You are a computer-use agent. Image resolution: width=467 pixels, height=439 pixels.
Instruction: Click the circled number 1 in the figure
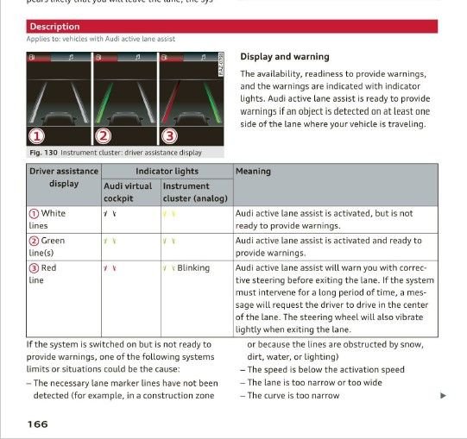click(37, 136)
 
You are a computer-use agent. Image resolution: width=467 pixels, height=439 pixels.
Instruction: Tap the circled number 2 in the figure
click(104, 136)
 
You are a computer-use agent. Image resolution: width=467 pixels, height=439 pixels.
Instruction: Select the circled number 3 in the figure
click(169, 136)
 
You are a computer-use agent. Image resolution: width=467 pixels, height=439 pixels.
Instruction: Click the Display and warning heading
click(284, 57)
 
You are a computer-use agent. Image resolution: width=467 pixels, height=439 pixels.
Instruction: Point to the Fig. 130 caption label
click(42, 153)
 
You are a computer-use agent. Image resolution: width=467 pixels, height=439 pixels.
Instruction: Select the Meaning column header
click(253, 171)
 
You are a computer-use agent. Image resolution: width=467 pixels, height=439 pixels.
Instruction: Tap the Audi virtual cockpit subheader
click(129, 191)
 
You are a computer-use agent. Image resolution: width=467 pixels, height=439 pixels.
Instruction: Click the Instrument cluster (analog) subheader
click(194, 191)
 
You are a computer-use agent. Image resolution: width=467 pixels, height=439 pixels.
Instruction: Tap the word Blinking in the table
click(193, 268)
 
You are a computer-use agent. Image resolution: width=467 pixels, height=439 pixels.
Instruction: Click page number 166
click(37, 423)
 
